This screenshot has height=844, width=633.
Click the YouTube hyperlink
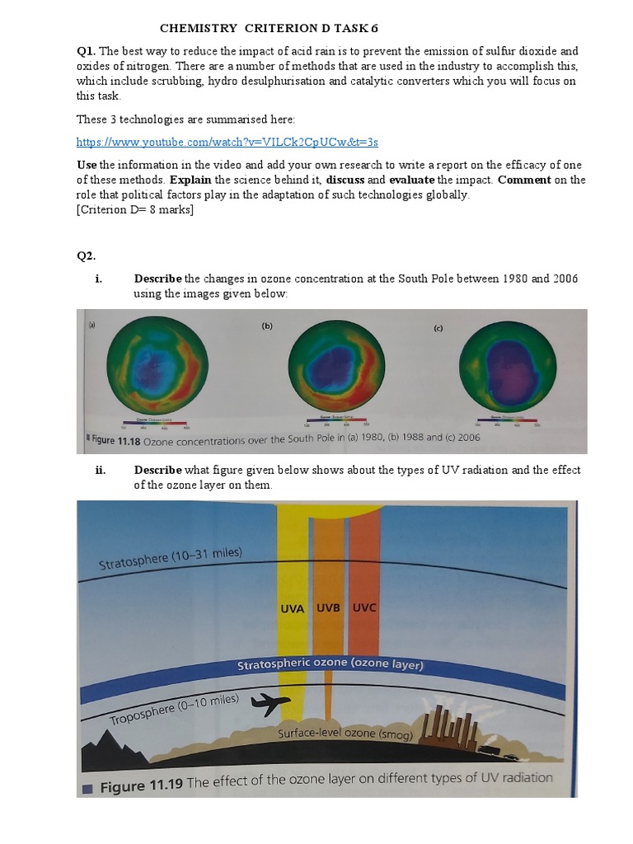(227, 142)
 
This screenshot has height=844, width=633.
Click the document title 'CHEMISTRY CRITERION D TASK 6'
(269, 28)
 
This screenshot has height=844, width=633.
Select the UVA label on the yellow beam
(293, 609)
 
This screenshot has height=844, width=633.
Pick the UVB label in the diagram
(329, 608)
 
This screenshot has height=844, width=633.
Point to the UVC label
(365, 608)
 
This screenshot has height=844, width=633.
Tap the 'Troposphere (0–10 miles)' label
(174, 709)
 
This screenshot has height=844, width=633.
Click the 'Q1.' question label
(87, 50)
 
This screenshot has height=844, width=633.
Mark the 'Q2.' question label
(87, 256)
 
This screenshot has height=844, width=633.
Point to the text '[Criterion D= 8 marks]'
(135, 209)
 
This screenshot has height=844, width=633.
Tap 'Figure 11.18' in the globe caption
(115, 439)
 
